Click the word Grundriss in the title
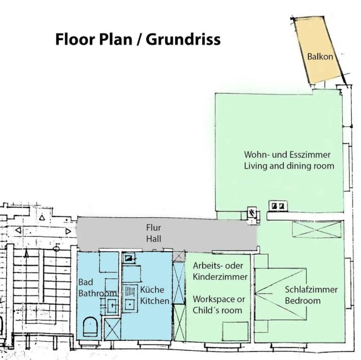coord(183,39)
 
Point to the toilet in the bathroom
coord(89,326)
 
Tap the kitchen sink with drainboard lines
coord(129,297)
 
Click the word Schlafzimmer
coord(311,289)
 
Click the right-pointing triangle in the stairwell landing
coord(68,231)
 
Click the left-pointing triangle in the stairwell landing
coord(18,230)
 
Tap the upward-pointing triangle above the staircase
coord(42,217)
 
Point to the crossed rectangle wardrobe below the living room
coord(316,229)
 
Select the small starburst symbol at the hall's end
coord(252,213)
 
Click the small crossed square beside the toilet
coord(112,328)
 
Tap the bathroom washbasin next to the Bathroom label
coord(112,306)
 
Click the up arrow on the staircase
coord(27,254)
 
